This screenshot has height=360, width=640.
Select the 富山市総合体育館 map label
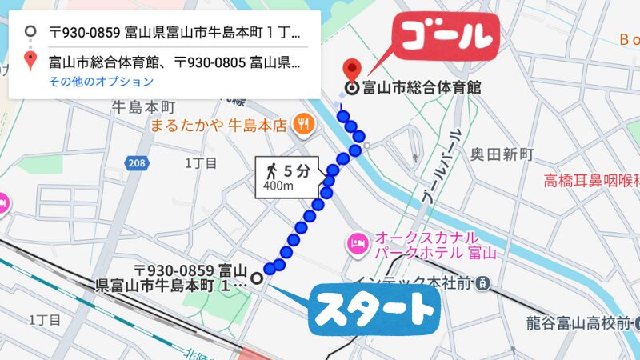tap(422, 88)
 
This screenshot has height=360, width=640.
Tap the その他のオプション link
tap(101, 82)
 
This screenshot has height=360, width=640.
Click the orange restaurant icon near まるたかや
tap(302, 124)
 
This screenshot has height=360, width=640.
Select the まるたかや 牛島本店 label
tap(217, 125)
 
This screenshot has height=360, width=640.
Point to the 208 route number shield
tap(137, 163)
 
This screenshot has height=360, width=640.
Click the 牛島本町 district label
tap(142, 106)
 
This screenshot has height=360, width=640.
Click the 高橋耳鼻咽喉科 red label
tap(592, 180)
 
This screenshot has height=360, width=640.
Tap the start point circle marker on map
tap(257, 278)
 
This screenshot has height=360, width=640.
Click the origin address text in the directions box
tap(174, 34)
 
